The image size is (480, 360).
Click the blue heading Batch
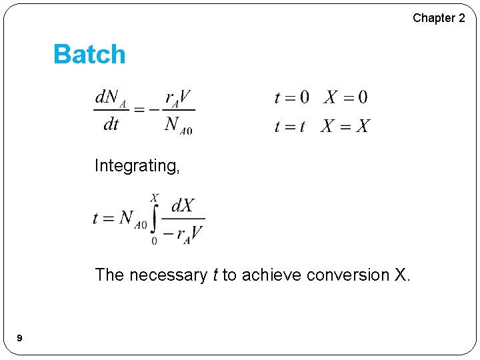coord(89,54)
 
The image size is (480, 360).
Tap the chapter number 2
coord(461,18)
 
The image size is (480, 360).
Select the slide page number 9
coord(19,339)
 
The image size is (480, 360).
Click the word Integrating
coord(137,165)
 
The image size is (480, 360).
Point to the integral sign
coord(155,218)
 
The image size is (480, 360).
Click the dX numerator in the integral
coord(183,205)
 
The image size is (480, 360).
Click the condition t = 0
coord(292,98)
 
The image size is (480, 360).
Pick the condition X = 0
coord(345,98)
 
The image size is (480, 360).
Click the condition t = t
coord(289,126)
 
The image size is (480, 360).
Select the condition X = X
coord(345,126)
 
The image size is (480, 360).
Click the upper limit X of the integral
coord(155,198)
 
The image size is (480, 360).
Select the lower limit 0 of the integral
coord(155,241)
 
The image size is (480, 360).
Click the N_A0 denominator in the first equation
coord(178,125)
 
